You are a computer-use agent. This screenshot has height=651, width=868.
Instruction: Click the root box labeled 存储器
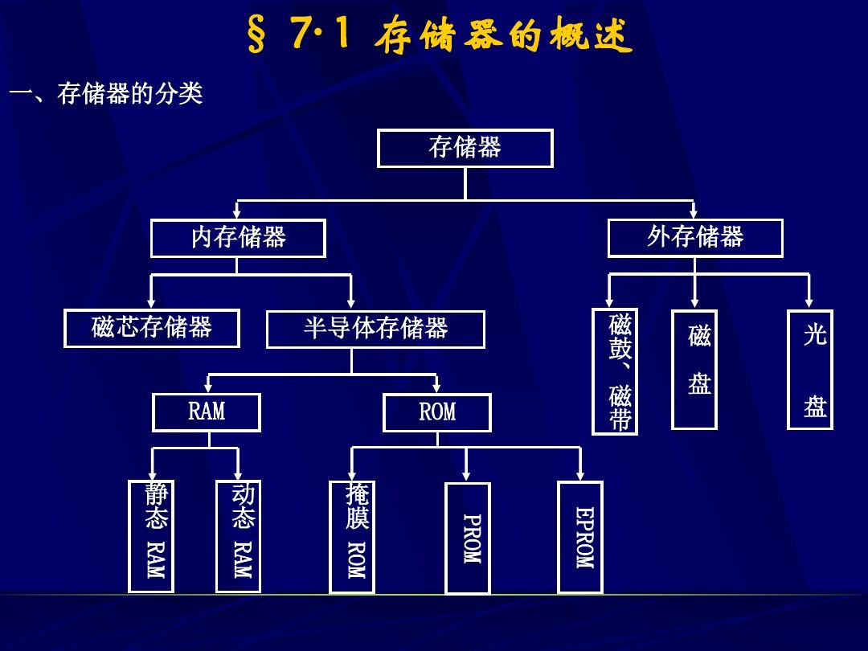click(x=465, y=148)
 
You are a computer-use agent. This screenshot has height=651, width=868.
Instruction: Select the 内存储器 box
click(x=238, y=238)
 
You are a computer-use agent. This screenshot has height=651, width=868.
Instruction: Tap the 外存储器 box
click(x=695, y=238)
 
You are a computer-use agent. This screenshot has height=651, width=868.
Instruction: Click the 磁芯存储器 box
click(x=152, y=328)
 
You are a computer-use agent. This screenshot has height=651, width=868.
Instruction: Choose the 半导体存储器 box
click(x=375, y=329)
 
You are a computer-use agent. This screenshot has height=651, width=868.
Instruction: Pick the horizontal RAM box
click(x=207, y=412)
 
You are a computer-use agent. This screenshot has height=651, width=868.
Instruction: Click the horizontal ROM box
click(x=437, y=413)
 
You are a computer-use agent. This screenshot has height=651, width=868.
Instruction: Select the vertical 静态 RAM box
click(x=151, y=535)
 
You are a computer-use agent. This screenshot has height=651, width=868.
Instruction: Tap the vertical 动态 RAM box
click(x=239, y=535)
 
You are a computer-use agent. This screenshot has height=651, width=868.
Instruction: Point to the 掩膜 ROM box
click(x=352, y=536)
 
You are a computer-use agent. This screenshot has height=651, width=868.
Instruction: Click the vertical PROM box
click(x=468, y=538)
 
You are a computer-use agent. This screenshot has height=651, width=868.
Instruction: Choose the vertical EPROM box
click(x=580, y=536)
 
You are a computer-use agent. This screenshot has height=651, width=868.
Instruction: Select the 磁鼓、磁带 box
click(x=616, y=371)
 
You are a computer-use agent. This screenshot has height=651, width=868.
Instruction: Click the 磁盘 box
click(x=694, y=369)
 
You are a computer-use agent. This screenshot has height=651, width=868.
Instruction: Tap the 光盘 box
click(x=810, y=369)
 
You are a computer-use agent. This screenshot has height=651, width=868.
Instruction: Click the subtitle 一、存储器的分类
click(x=105, y=94)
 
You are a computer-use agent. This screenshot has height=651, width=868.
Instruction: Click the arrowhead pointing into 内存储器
click(x=237, y=214)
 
